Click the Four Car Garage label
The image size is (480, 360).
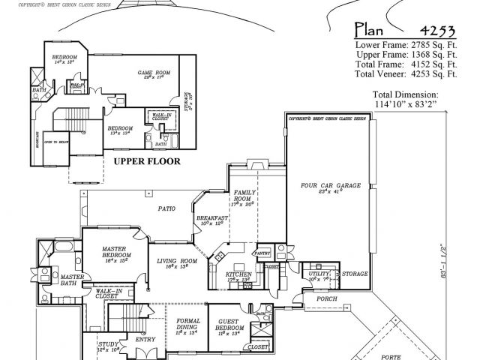[331, 186]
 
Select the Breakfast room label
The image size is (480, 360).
[214, 219]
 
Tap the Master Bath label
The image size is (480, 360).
[73, 280]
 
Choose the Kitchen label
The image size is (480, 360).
[238, 274]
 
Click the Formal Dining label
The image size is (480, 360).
[187, 323]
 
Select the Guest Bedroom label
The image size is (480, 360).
[228, 325]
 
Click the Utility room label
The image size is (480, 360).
[319, 275]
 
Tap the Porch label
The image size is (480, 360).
[326, 298]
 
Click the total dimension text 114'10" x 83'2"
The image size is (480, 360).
[405, 104]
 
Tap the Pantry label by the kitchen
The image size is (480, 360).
[262, 253]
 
